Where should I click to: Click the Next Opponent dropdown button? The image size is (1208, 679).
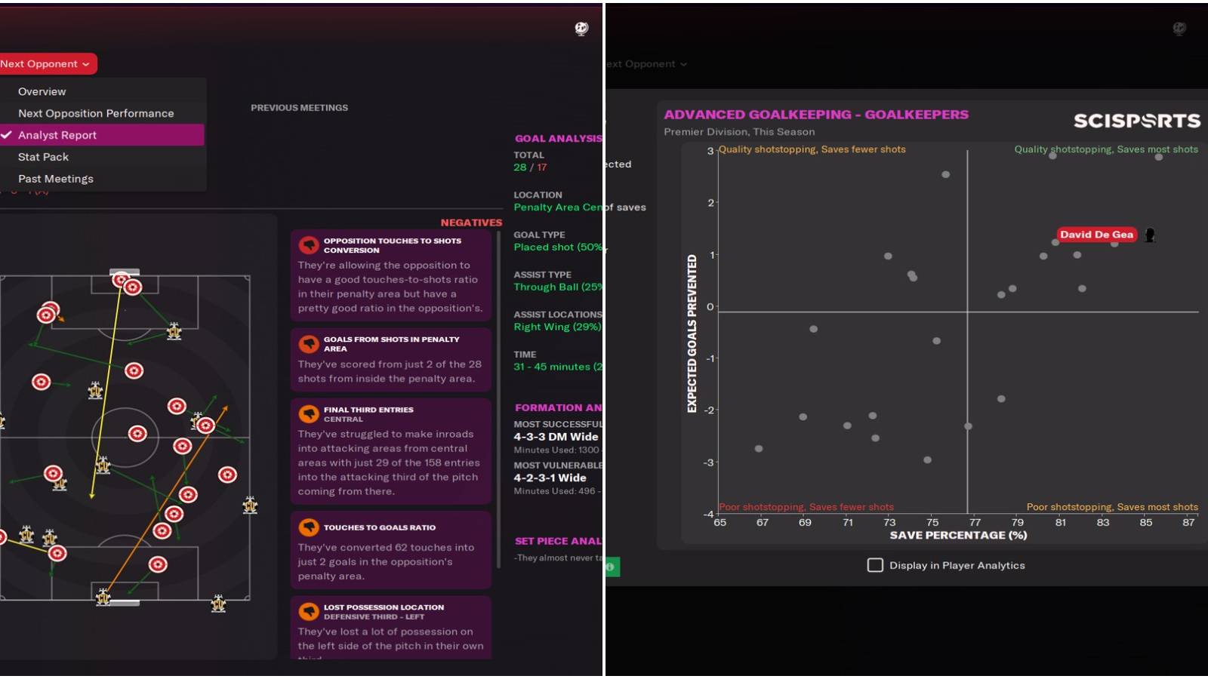[x=45, y=64]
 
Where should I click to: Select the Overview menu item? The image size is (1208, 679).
[x=42, y=91]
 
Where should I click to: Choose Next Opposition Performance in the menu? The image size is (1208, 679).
[x=96, y=113]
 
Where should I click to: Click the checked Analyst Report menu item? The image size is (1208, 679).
[x=57, y=135]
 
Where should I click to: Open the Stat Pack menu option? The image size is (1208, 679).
[x=43, y=157]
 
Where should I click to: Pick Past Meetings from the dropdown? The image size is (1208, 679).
[x=56, y=179]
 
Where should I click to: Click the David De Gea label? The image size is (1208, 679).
[x=1096, y=235]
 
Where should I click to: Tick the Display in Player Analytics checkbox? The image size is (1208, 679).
[x=875, y=565]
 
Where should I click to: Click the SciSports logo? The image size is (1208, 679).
[x=1136, y=121]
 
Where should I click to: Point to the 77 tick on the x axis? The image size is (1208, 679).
[x=975, y=522]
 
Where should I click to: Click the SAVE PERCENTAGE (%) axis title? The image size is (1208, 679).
[x=958, y=535]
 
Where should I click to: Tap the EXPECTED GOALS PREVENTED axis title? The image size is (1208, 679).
[x=692, y=333]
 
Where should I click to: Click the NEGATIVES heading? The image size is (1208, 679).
[x=471, y=223]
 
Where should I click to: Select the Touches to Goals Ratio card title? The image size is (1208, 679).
[x=379, y=527]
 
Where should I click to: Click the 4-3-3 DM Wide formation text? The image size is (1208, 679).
[x=556, y=437]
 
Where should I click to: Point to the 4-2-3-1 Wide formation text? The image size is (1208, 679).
[x=550, y=478]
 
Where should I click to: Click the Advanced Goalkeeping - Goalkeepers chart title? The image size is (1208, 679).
[x=815, y=115]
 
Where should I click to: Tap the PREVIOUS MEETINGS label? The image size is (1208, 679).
[x=299, y=108]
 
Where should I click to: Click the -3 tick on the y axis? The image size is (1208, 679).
[x=708, y=462]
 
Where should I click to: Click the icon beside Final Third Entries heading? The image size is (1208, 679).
[x=308, y=413]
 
